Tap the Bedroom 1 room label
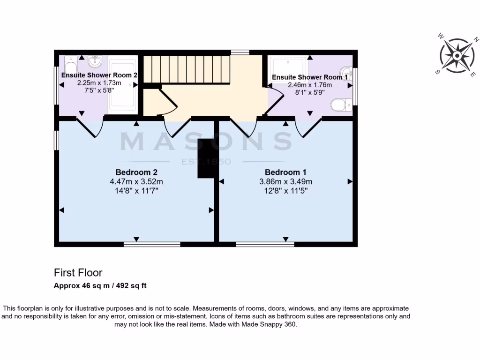[285, 172]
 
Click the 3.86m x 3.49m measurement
[285, 181]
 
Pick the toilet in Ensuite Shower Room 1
[341, 105]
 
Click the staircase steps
[186, 69]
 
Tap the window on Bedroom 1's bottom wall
[265, 244]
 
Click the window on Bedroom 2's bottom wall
[152, 244]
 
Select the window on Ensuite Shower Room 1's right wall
[355, 86]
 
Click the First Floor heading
[78, 272]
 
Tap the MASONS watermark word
[206, 142]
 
